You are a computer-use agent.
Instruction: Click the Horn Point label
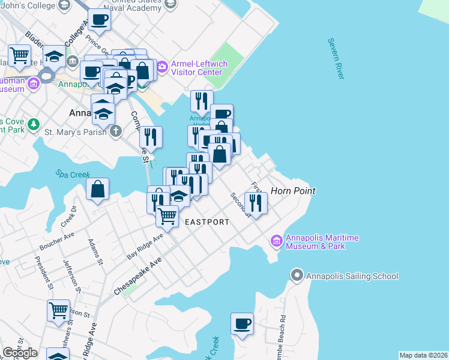point(293,191)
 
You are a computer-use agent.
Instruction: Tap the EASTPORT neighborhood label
point(206,222)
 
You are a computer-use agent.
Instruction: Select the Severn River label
point(336,58)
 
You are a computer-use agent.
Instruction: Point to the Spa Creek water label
point(73,174)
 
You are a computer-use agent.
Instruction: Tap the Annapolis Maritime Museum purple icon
point(277,242)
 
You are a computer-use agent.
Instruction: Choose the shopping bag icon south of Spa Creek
point(97,190)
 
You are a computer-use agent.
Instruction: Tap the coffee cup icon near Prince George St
point(99,20)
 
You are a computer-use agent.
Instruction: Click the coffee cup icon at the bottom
point(243,323)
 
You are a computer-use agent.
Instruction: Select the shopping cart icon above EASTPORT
point(167,215)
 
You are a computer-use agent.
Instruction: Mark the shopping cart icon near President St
point(58,311)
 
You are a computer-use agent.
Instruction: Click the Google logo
point(20,353)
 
